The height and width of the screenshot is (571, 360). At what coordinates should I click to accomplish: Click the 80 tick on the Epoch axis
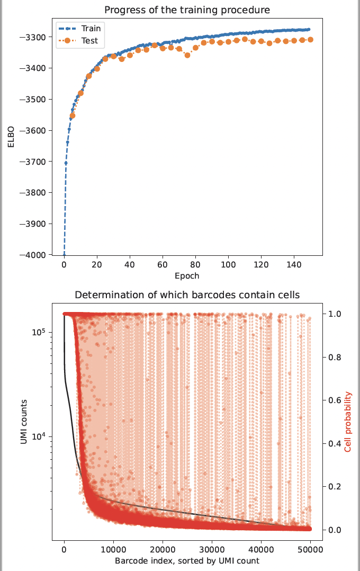pos(195,265)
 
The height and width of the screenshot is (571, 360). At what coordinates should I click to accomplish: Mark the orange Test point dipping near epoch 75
pos(187,55)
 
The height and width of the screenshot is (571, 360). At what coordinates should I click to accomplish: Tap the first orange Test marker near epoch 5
pos(73,115)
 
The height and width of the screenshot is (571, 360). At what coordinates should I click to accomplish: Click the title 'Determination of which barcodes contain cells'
pos(187,295)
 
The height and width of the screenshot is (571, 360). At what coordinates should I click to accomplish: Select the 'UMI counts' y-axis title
pos(24,422)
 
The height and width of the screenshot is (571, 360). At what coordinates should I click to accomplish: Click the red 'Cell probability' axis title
pos(348,422)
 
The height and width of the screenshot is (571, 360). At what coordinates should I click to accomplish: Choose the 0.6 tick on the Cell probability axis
pos(334,400)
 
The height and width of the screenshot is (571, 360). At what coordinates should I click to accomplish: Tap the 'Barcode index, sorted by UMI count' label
pos(187,561)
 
